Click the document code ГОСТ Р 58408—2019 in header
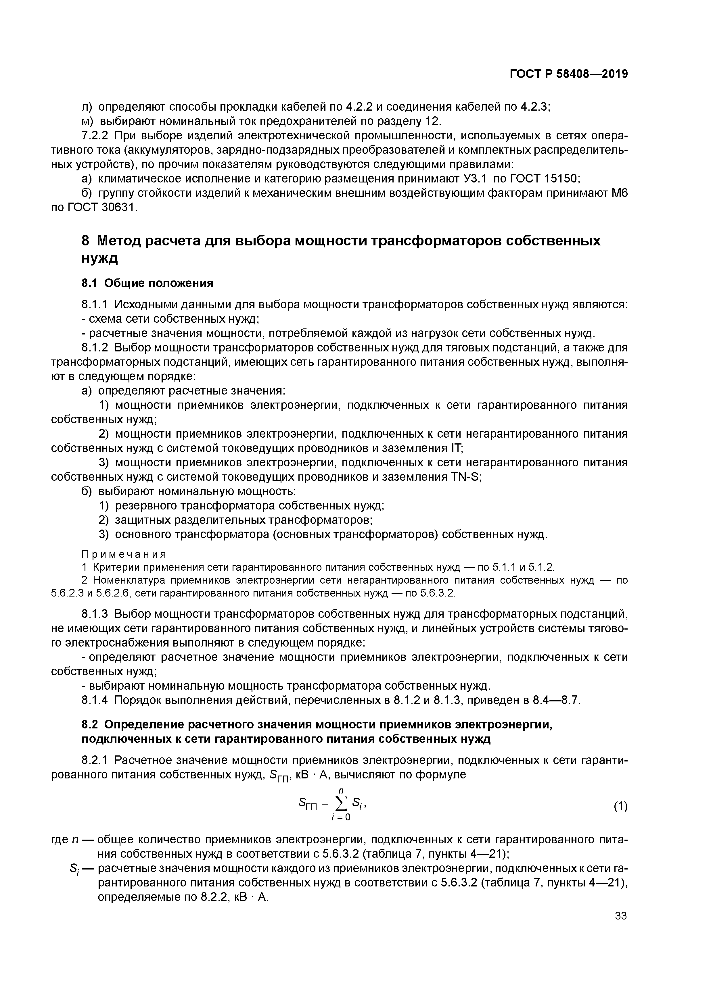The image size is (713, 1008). tap(568, 75)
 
